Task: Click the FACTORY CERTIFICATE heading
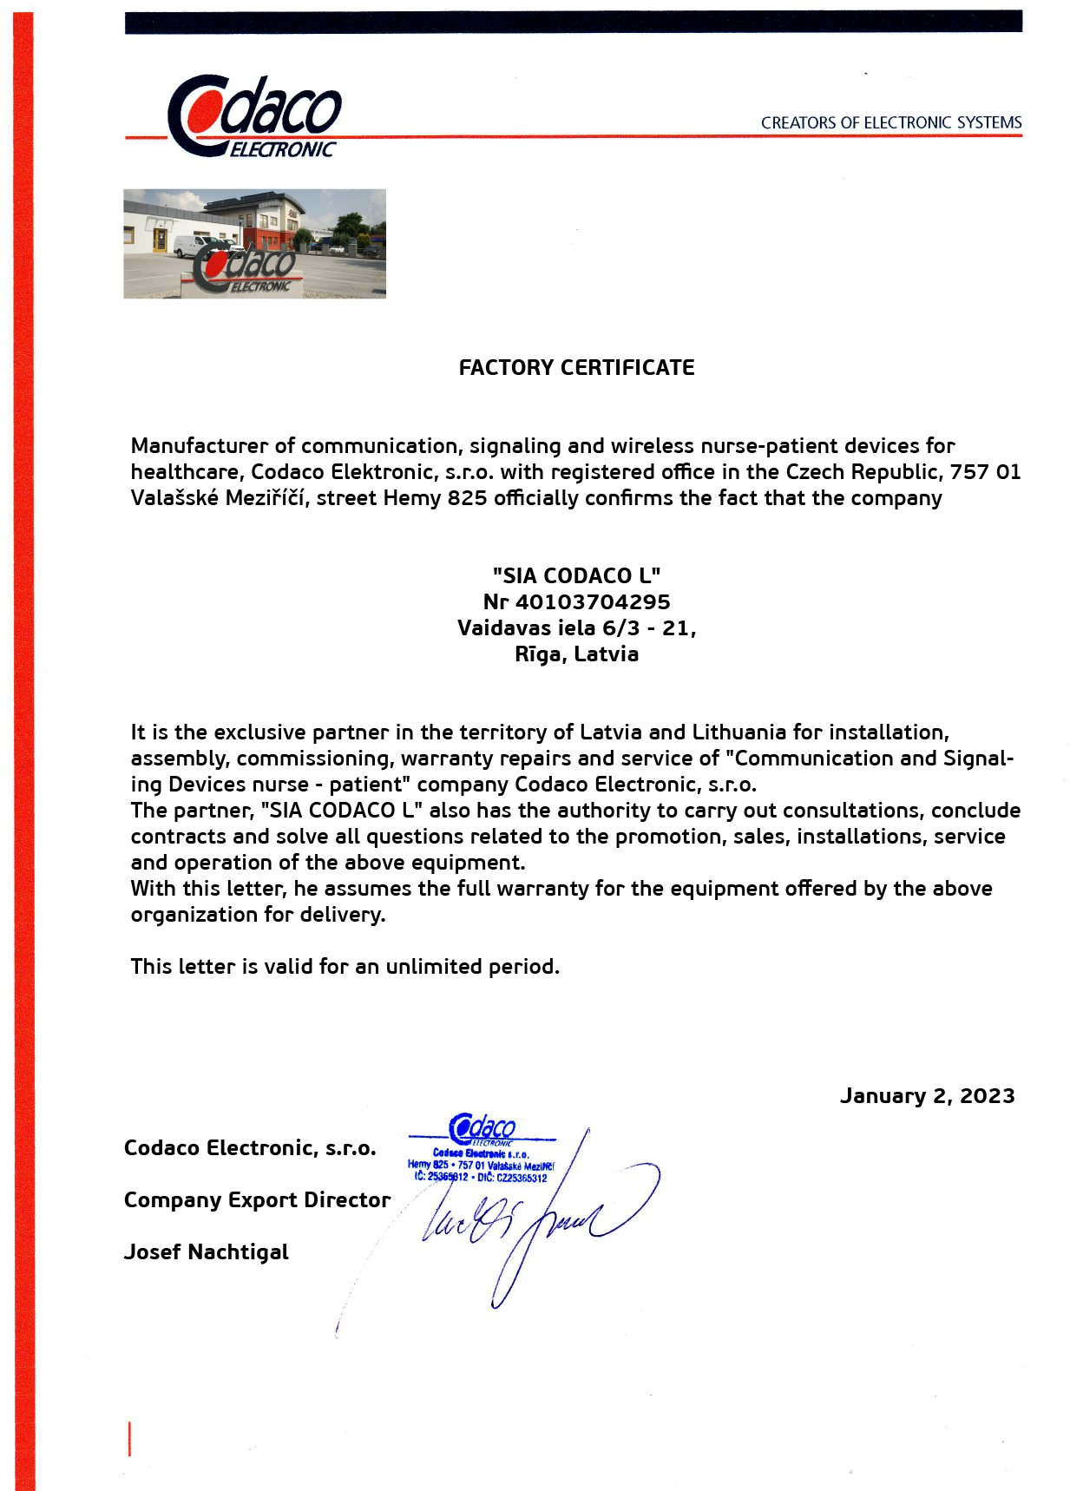click(576, 368)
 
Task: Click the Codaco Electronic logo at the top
click(254, 116)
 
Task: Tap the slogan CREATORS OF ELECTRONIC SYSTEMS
click(891, 122)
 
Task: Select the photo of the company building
click(254, 244)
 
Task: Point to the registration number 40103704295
click(593, 602)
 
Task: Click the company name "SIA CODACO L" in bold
click(576, 576)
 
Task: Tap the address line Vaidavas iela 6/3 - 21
click(576, 628)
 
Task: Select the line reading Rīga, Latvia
click(576, 654)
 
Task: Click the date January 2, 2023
click(927, 1096)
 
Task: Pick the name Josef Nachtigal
click(207, 1252)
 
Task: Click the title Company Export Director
click(257, 1200)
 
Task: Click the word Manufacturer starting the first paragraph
click(200, 446)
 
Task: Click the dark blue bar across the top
click(573, 22)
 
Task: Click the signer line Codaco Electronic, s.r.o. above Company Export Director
click(250, 1148)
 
